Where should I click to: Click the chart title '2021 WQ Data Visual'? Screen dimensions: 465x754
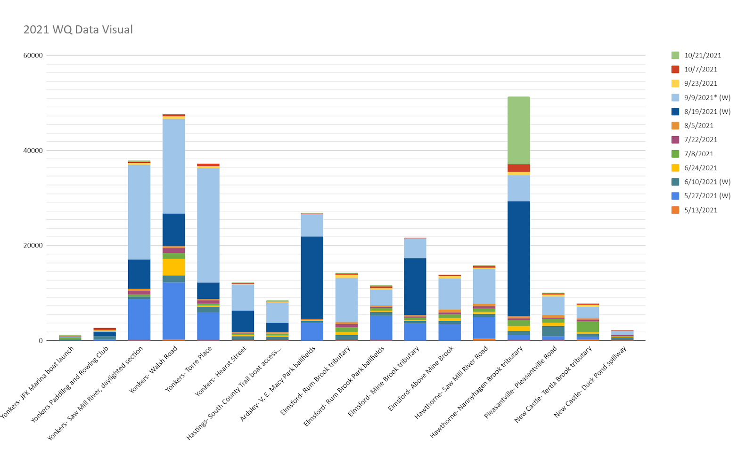[78, 30]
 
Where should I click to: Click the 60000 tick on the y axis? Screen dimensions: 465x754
[33, 56]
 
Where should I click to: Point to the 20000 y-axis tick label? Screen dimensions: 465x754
[33, 246]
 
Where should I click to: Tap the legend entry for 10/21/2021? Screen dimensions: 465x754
[702, 56]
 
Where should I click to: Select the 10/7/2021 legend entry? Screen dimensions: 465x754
[700, 70]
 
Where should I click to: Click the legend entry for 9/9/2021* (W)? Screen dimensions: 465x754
[707, 97]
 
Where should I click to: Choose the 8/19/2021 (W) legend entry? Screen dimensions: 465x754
[707, 112]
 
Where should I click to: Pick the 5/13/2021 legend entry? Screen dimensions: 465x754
[700, 210]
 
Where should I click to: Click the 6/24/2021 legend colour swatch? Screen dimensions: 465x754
[675, 168]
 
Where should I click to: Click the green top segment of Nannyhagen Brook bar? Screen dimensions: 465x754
[518, 130]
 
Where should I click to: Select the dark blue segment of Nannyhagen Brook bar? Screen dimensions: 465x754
[518, 258]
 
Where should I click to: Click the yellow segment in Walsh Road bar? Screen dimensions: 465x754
[173, 267]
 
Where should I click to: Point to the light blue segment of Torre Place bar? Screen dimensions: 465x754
[208, 225]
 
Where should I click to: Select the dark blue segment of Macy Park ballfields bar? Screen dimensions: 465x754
[312, 277]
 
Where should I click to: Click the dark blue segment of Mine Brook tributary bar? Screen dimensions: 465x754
[415, 286]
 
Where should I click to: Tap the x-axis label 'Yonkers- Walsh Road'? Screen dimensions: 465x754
[154, 369]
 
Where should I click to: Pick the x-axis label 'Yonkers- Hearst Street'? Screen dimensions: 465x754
[221, 370]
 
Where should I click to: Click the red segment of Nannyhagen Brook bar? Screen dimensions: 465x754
[518, 168]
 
